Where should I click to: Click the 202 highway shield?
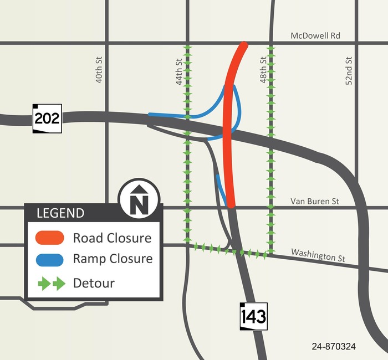tap(47, 118)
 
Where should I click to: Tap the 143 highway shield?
tap(253, 317)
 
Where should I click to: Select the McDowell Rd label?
tap(315, 36)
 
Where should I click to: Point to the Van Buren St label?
tap(315, 201)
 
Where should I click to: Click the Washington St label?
tap(318, 256)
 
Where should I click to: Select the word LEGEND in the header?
tap(60, 213)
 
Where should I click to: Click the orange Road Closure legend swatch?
tap(50, 238)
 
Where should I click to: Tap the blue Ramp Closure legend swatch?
tap(50, 259)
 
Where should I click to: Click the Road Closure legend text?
tap(112, 238)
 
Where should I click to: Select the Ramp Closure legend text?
tap(113, 259)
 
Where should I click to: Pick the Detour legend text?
tap(94, 284)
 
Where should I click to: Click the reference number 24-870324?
tap(334, 347)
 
